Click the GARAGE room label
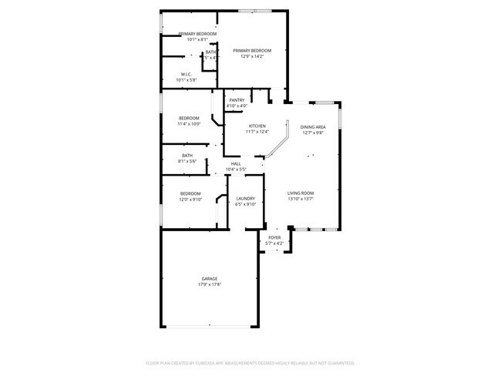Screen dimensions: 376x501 point(209,278)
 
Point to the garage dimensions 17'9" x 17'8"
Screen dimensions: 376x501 point(209,284)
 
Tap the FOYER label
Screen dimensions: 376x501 point(274,237)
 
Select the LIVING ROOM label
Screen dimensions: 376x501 point(301,193)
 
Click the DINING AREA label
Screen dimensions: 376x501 point(312,126)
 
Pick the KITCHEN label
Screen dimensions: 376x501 point(257,126)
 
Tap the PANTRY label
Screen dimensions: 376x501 point(237,100)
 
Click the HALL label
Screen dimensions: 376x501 point(236,163)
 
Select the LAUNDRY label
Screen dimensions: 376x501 point(245,198)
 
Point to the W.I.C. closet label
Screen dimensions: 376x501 point(187,74)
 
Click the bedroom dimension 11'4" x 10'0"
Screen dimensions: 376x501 point(189,123)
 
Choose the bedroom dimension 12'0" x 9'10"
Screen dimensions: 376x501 point(190,199)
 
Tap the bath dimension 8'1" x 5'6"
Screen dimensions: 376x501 point(187,161)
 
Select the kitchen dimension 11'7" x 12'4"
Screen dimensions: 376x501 point(257,132)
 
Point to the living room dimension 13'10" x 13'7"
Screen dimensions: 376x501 point(301,199)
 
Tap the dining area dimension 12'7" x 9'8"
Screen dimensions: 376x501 point(312,133)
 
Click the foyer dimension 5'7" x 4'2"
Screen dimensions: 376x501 point(274,243)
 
